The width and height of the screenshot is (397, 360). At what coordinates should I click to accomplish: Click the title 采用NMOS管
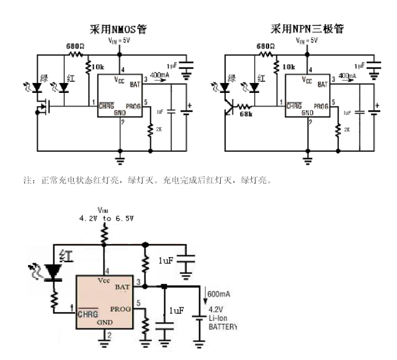point(117,29)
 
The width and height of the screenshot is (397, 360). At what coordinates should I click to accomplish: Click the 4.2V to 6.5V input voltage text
point(106,219)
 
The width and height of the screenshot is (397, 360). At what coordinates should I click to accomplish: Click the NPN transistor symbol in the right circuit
point(231,108)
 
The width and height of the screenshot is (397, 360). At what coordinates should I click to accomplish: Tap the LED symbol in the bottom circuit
point(54,271)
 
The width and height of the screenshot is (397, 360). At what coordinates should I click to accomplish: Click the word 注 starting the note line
point(27,181)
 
